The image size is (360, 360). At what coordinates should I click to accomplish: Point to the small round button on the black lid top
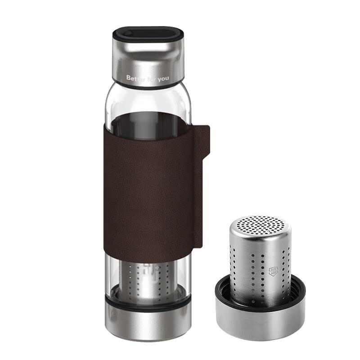click(128, 33)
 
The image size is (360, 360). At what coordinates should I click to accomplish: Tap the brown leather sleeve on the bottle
click(148, 189)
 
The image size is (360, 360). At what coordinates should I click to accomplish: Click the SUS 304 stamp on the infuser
click(273, 271)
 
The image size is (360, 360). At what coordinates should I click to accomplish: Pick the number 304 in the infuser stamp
click(273, 274)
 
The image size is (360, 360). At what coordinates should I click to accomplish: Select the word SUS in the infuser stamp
click(273, 270)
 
